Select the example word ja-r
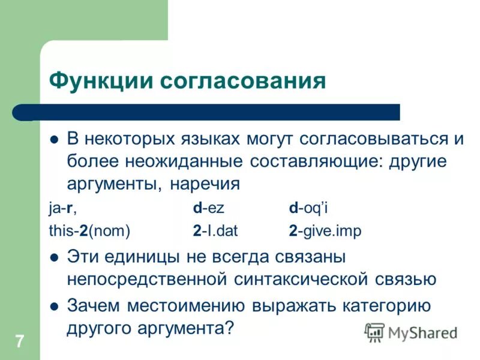pos(63,208)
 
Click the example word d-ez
pos(208,208)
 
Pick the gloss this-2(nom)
pos(89,231)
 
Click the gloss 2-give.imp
pos(325,231)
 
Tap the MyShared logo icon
pos(374,332)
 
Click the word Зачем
pos(92,305)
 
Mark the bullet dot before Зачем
pos(53,306)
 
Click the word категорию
pos(386,305)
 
